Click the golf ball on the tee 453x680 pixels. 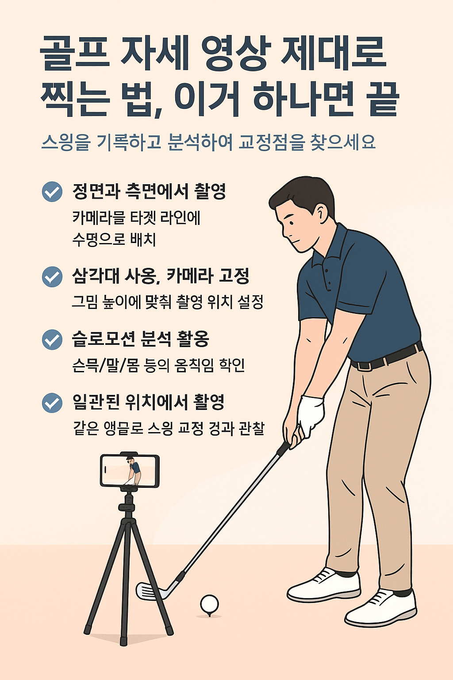209,603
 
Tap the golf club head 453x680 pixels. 150,591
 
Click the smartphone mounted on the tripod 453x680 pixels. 130,471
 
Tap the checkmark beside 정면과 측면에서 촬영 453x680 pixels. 52,192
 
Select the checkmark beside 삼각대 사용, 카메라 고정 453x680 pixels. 52,276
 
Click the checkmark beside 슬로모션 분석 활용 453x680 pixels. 52,340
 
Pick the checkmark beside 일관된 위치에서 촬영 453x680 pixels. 52,403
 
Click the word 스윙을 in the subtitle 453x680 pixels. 66,143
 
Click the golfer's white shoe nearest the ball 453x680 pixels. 324,584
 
